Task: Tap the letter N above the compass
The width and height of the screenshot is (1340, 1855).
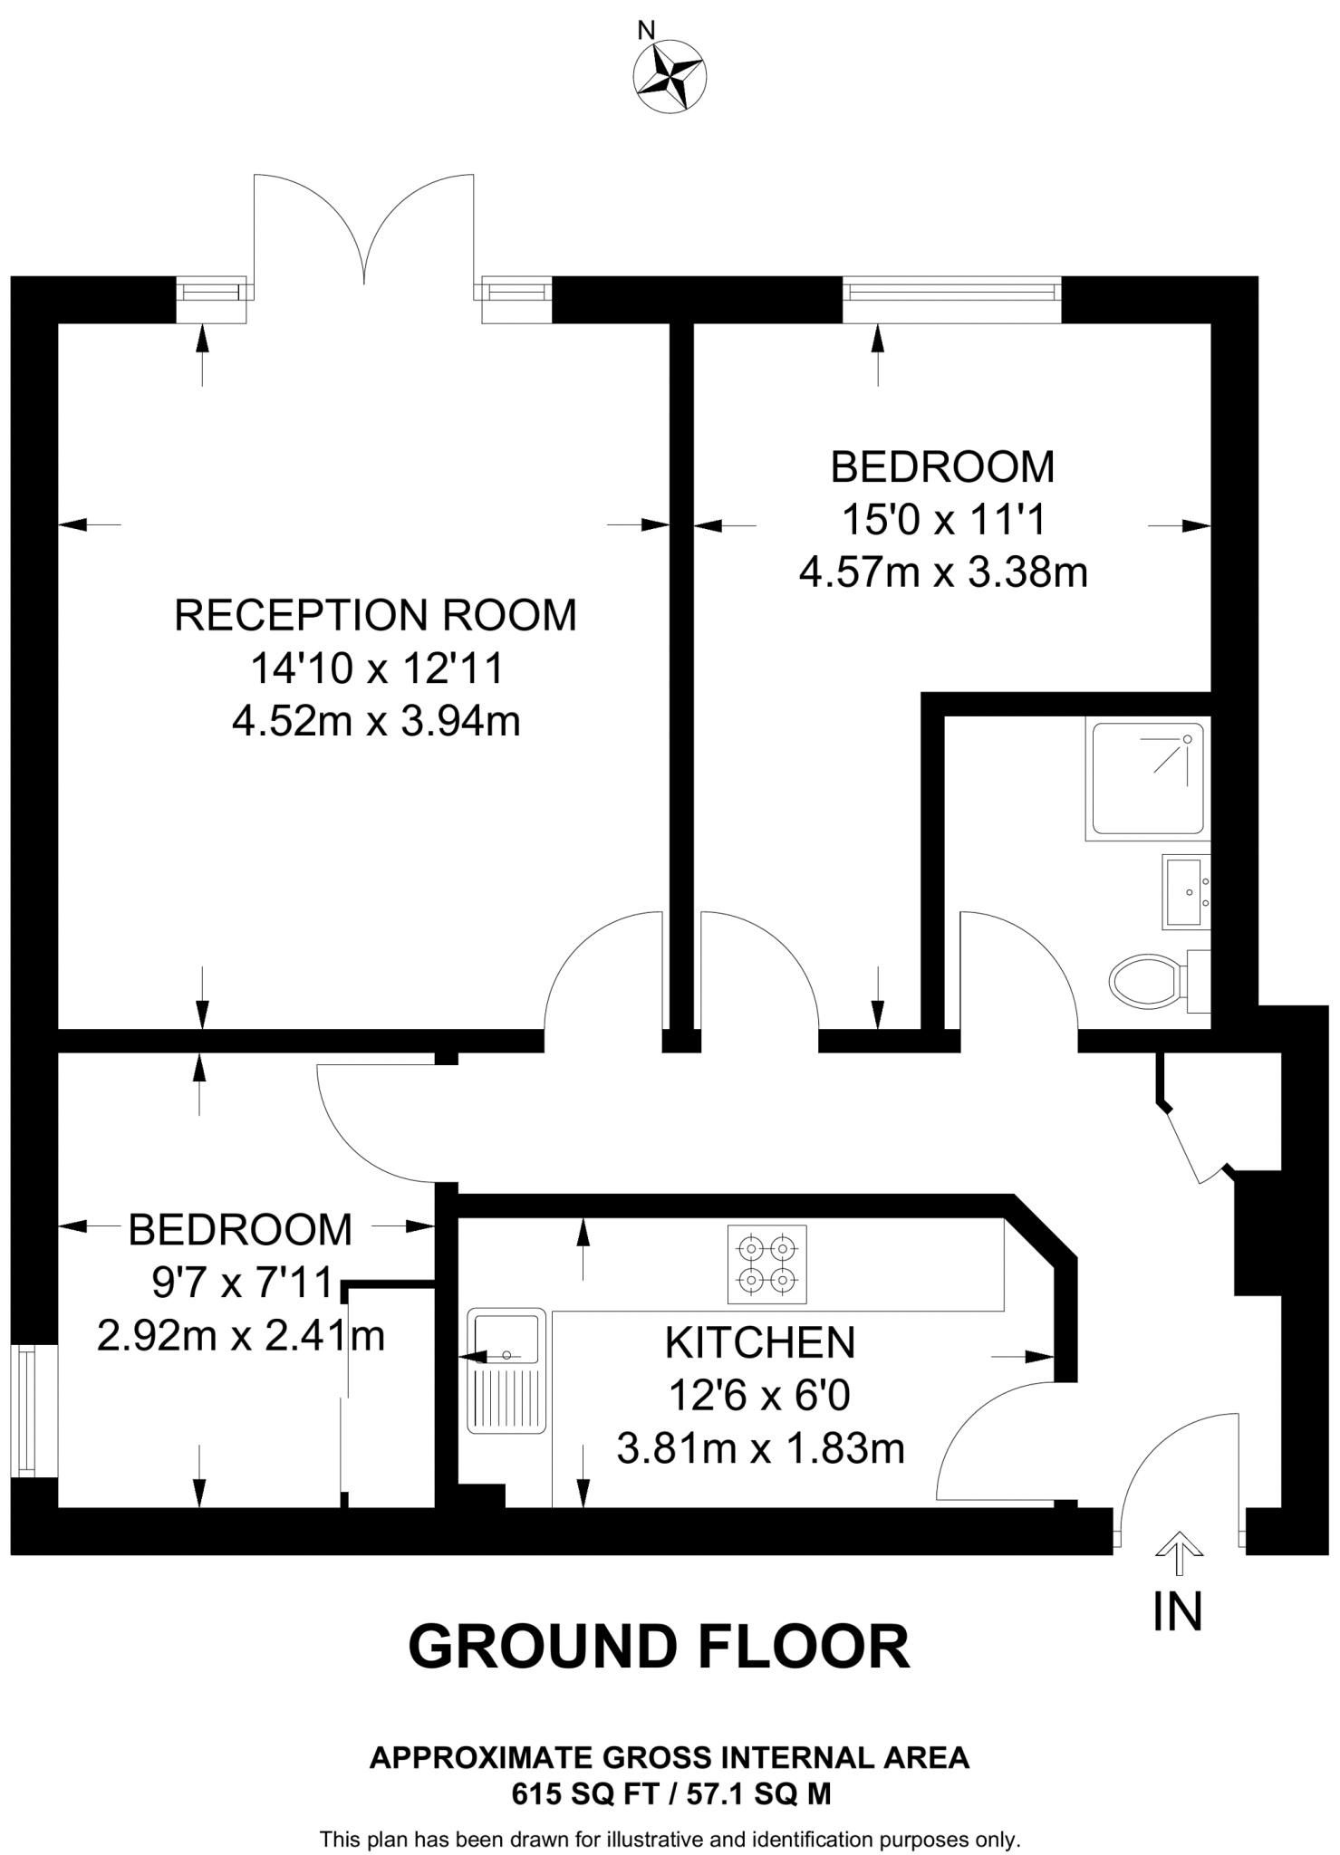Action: click(x=646, y=30)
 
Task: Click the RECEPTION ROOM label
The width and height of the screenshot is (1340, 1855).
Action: click(x=375, y=616)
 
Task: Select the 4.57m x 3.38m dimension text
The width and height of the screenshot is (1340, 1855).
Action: click(x=943, y=572)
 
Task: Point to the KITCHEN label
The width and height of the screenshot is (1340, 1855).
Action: click(x=760, y=1342)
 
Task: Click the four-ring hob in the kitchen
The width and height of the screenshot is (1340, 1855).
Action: click(x=766, y=1264)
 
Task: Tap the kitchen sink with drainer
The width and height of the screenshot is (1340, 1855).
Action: click(x=507, y=1370)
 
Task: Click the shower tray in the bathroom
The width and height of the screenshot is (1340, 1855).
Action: click(x=1148, y=778)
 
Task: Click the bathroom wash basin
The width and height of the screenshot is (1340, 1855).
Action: click(x=1185, y=892)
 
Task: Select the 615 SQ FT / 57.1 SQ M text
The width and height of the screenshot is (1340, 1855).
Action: click(x=670, y=1794)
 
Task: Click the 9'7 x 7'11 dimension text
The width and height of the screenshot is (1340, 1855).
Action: click(x=241, y=1283)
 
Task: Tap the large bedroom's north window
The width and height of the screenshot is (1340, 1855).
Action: click(x=951, y=291)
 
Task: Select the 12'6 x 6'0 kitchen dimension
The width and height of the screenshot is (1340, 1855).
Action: click(x=759, y=1396)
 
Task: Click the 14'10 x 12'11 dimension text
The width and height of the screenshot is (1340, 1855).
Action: click(x=376, y=669)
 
